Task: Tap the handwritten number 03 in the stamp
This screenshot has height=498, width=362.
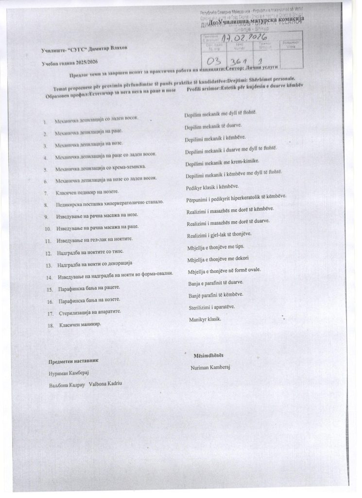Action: (213, 62)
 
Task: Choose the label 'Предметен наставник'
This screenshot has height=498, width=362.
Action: (73, 361)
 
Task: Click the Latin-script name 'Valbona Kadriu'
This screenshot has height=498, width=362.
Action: (105, 384)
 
